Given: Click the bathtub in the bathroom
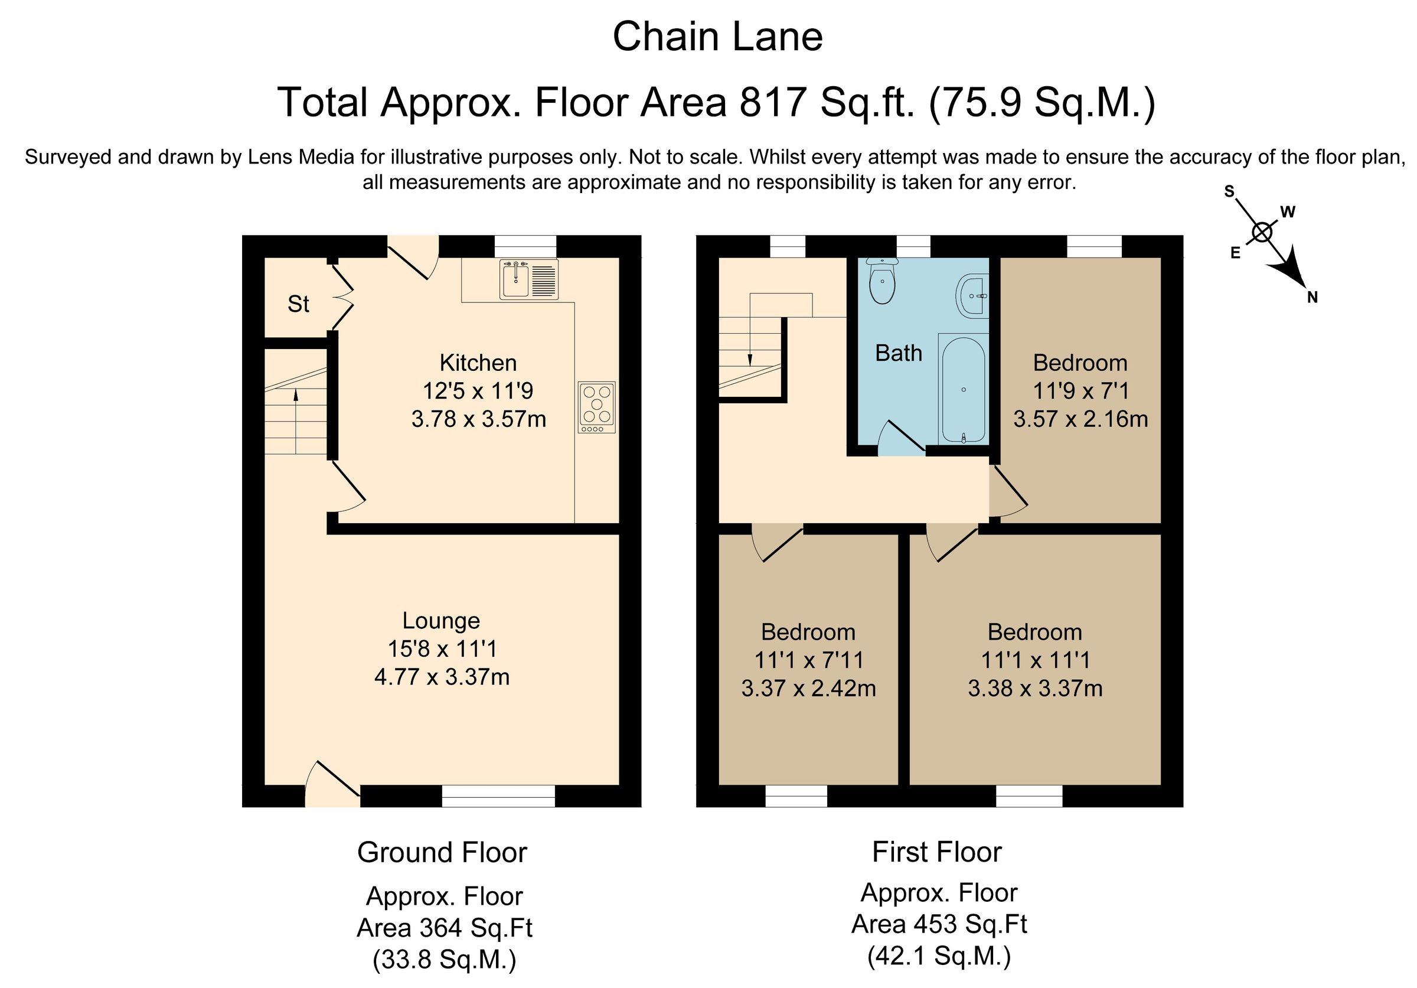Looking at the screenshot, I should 964,389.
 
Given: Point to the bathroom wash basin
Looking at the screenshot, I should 972,296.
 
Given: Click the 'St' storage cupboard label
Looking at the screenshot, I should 298,304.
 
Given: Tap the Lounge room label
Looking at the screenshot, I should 440,620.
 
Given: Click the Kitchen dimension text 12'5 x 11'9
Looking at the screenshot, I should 478,390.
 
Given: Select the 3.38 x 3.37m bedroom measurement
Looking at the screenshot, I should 1035,688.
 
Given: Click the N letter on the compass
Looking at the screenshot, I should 1312,298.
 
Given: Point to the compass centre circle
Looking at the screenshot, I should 1262,233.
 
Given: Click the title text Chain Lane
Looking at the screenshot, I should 717,37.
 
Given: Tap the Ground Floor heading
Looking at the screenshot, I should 442,852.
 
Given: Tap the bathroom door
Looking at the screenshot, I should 901,437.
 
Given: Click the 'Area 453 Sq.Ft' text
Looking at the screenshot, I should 939,924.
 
